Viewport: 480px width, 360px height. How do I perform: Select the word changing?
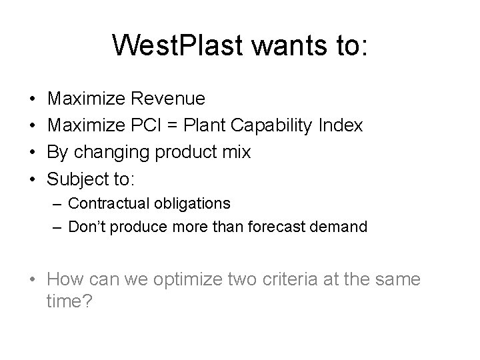pyautogui.click(x=113, y=152)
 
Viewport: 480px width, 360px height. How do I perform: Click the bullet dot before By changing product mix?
pyautogui.click(x=33, y=152)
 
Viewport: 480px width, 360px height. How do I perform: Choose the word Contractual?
pyautogui.click(x=110, y=203)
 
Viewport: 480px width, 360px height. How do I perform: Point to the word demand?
pyautogui.click(x=341, y=227)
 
